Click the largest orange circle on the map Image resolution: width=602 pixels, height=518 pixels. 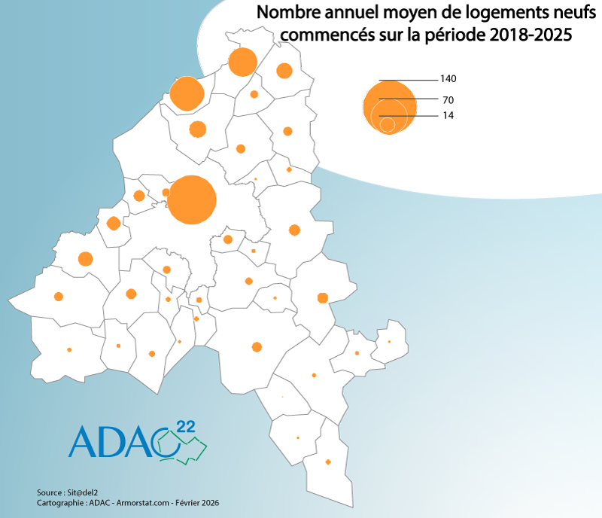[x=191, y=200]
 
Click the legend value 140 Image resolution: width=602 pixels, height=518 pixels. [x=448, y=79]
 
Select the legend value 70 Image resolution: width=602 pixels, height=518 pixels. [x=448, y=100]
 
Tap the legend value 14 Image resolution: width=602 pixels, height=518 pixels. [x=448, y=115]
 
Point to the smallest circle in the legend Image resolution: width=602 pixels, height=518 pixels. [x=387, y=124]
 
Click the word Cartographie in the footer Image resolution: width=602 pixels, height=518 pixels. [x=59, y=502]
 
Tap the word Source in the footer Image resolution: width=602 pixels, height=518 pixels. [x=49, y=492]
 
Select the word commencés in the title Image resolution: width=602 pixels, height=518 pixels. [x=313, y=35]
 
